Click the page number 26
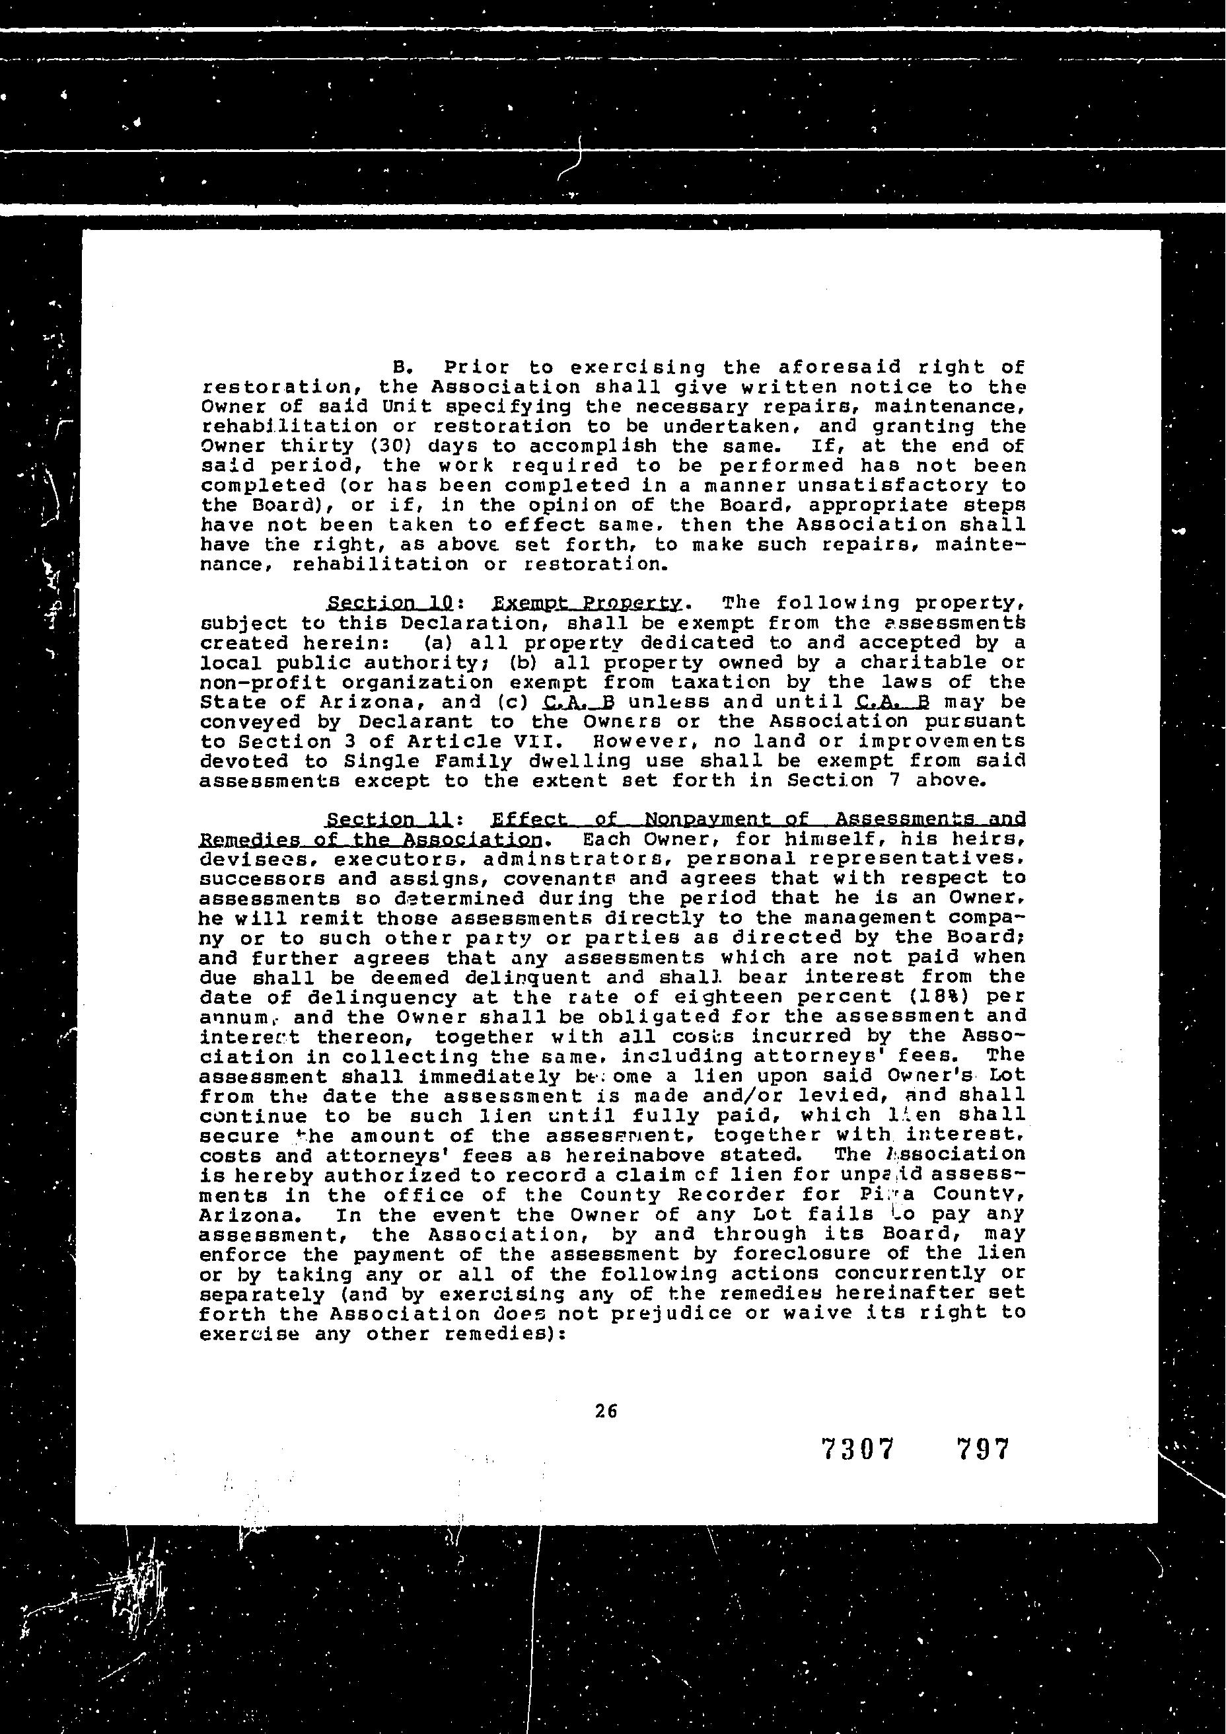(x=606, y=1411)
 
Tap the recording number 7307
(x=857, y=1449)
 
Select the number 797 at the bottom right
(x=982, y=1449)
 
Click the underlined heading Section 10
(x=390, y=604)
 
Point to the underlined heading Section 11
(x=390, y=820)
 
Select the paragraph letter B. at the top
(x=402, y=369)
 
